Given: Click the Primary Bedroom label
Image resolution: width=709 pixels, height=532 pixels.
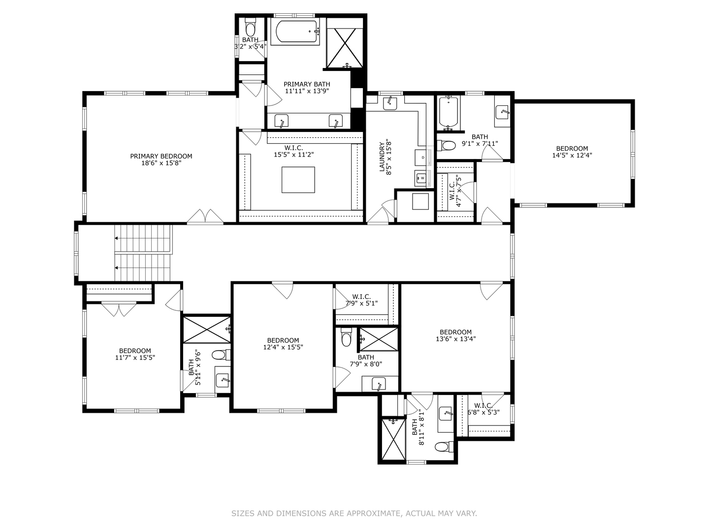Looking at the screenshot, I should click(161, 156).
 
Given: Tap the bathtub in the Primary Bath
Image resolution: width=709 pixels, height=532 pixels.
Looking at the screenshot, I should click(294, 32).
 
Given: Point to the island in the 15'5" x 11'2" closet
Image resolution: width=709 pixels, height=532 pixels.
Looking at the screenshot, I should click(298, 180).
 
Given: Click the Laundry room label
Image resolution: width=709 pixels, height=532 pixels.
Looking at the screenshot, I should click(382, 157).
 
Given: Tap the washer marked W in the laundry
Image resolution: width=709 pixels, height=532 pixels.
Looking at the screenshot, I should click(422, 178).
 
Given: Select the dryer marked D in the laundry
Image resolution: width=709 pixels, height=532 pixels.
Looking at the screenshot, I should click(423, 157).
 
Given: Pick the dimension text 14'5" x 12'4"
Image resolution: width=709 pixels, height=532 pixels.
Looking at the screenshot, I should click(572, 155).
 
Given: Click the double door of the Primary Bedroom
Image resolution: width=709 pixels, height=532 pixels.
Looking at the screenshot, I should click(205, 217).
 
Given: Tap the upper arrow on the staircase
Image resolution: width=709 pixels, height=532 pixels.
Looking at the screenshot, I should click(117, 238).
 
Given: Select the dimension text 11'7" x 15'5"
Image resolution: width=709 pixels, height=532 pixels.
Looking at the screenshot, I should click(135, 358).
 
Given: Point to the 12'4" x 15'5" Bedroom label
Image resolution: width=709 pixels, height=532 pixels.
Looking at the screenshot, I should click(283, 340).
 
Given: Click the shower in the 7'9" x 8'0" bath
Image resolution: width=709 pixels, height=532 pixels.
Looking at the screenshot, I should click(378, 339).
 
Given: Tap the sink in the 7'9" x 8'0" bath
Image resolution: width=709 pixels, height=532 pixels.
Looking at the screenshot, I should click(378, 383).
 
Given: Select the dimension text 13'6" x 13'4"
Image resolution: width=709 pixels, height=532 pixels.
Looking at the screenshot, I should click(455, 339).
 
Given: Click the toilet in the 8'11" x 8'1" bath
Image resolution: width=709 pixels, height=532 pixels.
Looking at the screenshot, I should click(442, 447).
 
